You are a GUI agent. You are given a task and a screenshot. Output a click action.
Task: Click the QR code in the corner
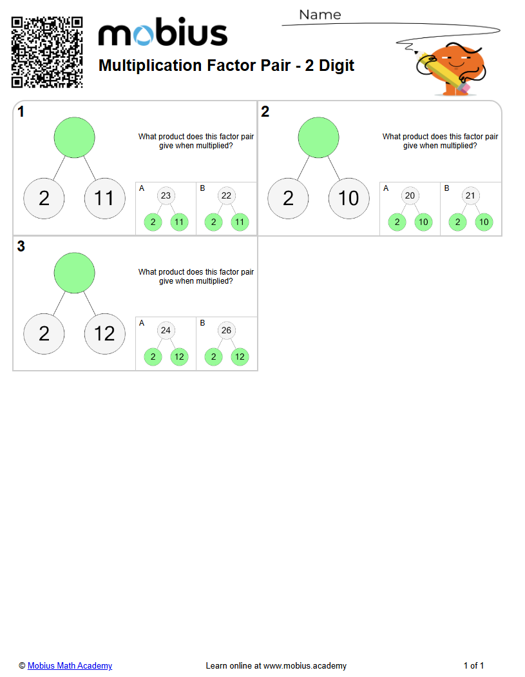(47, 52)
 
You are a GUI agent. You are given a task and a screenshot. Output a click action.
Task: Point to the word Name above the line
(320, 15)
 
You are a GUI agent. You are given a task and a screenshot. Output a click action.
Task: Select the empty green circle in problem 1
(75, 137)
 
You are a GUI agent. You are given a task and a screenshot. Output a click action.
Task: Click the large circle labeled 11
(104, 198)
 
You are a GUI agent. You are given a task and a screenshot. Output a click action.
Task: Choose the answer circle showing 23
(166, 196)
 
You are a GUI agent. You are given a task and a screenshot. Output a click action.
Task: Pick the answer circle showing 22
(226, 196)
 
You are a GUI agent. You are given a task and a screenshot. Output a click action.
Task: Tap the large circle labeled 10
(348, 198)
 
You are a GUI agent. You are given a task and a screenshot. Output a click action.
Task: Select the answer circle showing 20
(410, 196)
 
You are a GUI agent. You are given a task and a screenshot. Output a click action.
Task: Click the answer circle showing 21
(470, 196)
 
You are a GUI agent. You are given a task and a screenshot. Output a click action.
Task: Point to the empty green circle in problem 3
(75, 273)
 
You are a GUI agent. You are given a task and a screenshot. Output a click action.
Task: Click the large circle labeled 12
(104, 333)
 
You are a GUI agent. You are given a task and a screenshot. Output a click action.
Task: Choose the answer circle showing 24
(166, 331)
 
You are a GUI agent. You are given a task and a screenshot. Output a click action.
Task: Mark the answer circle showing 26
(226, 331)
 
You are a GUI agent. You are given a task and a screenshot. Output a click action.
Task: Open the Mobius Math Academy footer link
(70, 665)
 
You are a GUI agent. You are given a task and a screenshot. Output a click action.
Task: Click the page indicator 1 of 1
(473, 665)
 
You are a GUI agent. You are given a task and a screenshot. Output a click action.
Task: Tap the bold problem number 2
(265, 112)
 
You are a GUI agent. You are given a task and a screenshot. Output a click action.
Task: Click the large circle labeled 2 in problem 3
(44, 333)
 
